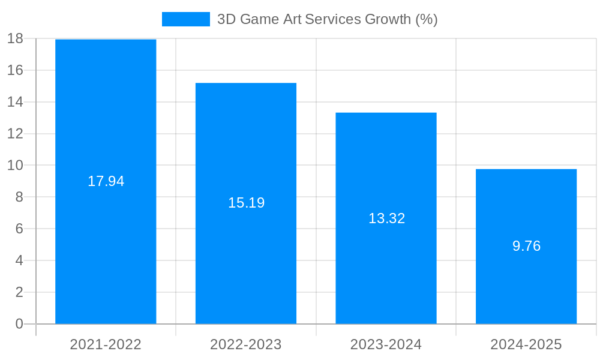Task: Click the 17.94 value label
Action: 106,181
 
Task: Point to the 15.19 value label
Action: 246,203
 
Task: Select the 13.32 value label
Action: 386,218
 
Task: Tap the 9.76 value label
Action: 526,246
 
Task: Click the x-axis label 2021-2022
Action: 106,344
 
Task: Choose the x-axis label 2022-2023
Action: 246,344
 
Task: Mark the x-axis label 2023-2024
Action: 386,344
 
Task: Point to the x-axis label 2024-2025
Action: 526,344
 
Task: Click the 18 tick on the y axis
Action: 15,39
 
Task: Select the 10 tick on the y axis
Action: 15,166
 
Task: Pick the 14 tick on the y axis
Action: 15,102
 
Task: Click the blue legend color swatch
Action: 186,19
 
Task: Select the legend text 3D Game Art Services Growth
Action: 327,19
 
